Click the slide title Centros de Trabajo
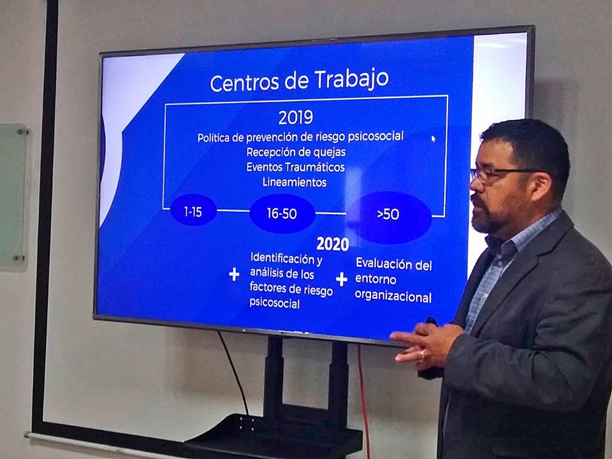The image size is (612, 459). tap(300, 80)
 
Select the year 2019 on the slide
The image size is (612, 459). tap(296, 117)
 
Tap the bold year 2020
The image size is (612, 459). tap(333, 244)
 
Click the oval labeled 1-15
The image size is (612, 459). tap(193, 211)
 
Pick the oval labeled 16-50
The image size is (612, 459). tap(282, 214)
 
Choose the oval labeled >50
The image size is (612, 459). tap(389, 217)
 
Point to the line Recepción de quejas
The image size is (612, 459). tap(296, 152)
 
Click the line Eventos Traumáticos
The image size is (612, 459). tap(295, 167)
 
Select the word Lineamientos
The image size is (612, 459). tap(295, 182)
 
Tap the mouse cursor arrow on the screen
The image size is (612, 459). tap(433, 138)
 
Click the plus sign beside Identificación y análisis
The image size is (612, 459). tap(234, 274)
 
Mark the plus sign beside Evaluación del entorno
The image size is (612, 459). tap(342, 279)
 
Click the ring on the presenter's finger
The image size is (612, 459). tap(422, 354)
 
